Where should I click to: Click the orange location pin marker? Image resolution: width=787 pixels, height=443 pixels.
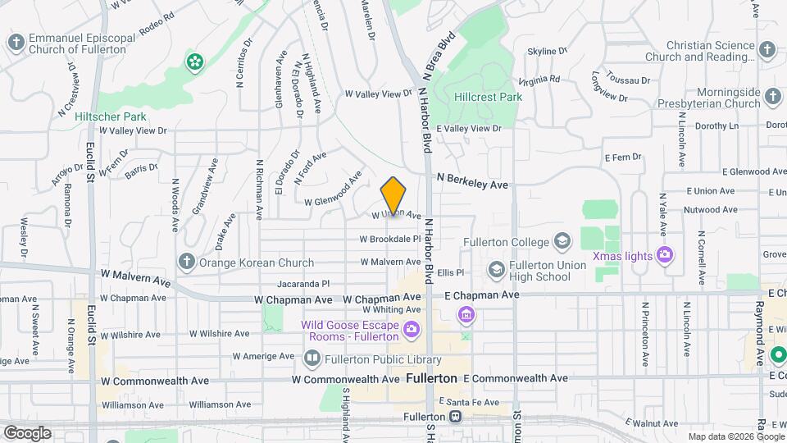click(x=393, y=196)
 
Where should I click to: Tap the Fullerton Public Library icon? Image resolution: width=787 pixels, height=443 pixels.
click(x=312, y=357)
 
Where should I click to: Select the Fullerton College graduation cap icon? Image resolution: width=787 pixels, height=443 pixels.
click(x=562, y=241)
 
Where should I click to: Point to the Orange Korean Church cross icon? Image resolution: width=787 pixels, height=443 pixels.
click(x=186, y=263)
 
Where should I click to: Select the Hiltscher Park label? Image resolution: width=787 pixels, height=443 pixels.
click(x=110, y=116)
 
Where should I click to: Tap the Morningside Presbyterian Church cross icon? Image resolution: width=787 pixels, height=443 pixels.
click(x=773, y=99)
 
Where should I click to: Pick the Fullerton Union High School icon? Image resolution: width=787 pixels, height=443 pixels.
click(x=496, y=269)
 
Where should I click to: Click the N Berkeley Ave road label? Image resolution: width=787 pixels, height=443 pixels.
click(x=472, y=181)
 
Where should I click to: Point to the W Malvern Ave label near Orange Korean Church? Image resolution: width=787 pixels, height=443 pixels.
click(x=136, y=276)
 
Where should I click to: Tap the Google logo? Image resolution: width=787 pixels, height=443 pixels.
click(x=27, y=432)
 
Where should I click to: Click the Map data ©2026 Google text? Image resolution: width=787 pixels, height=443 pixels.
click(x=735, y=436)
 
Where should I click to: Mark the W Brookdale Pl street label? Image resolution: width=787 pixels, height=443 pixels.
click(x=389, y=239)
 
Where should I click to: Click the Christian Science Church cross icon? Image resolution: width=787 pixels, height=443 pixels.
click(x=767, y=49)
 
